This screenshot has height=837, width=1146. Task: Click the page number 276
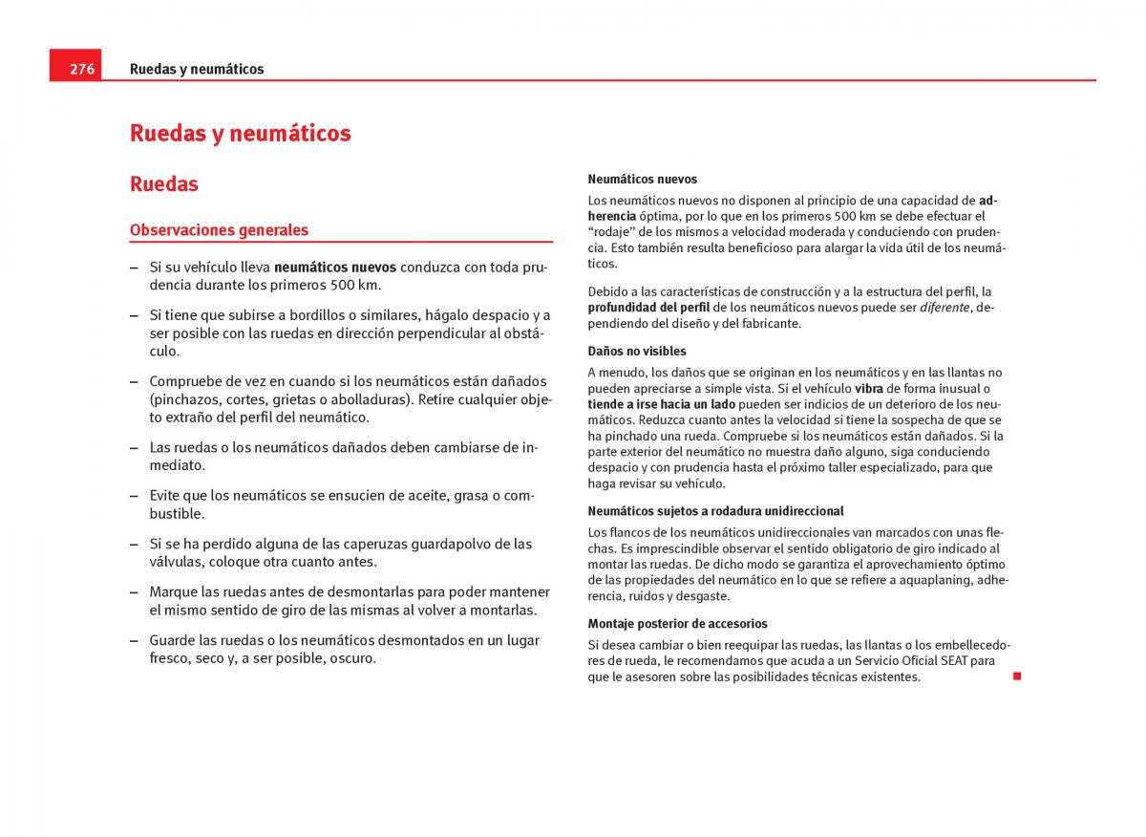[x=82, y=69]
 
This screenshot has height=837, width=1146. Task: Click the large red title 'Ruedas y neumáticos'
[x=240, y=133]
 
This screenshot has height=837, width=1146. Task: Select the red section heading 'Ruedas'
[x=164, y=183]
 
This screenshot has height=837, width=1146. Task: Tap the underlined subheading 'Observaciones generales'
[x=219, y=230]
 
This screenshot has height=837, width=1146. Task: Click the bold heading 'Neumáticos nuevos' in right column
[x=642, y=179]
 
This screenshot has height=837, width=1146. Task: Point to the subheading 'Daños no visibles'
[x=636, y=352]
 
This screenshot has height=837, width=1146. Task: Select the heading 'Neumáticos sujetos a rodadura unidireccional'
[x=715, y=511]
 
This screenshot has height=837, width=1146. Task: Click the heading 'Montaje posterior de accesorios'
[x=677, y=624]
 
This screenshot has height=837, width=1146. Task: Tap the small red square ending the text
[x=1017, y=676]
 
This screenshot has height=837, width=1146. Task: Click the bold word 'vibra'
[x=868, y=389]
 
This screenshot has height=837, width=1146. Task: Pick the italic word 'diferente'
[x=944, y=308]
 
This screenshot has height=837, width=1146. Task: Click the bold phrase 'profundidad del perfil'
[x=648, y=308]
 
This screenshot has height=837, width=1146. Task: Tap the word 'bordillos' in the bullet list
[x=325, y=315]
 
